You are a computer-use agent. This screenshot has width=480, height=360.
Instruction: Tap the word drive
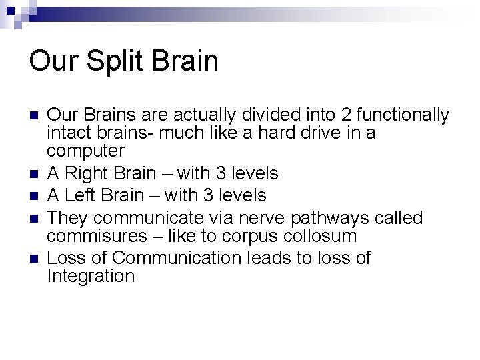pyautogui.click(x=311, y=133)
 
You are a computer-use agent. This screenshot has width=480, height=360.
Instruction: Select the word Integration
pyautogui.click(x=91, y=275)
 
